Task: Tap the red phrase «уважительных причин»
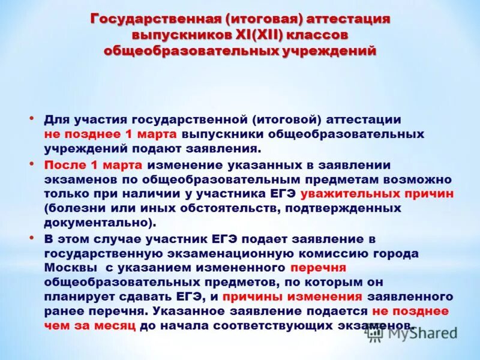coord(377,194)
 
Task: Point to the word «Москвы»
coord(66,267)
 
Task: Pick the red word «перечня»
coord(318,267)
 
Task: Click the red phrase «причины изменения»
coord(292,297)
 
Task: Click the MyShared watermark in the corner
coord(412,334)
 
